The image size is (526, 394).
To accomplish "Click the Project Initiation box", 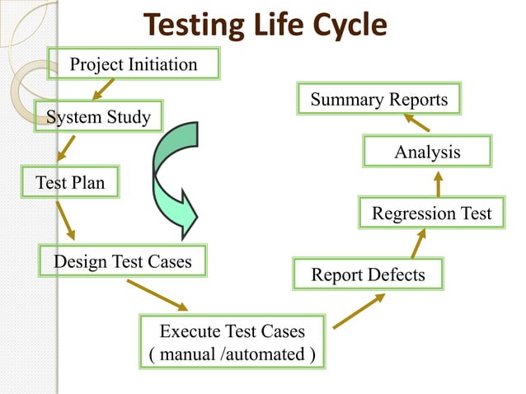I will tap(134, 63).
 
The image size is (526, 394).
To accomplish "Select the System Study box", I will tap(98, 117).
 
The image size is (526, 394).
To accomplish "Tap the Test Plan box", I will tap(70, 182).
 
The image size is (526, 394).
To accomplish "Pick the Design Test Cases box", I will tap(123, 261).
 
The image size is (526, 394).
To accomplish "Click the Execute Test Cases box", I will tap(232, 342).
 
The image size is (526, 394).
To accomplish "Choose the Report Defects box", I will tap(368, 274).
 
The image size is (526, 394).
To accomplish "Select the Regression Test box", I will tap(431, 213).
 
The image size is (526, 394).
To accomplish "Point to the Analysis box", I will tap(426, 152).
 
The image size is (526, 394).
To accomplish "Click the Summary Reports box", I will tap(378, 100).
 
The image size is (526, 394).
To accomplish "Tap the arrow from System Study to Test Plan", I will tap(65, 149).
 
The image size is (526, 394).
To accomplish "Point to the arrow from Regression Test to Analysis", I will tap(438, 183).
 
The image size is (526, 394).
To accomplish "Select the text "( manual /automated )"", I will tap(232, 354).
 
